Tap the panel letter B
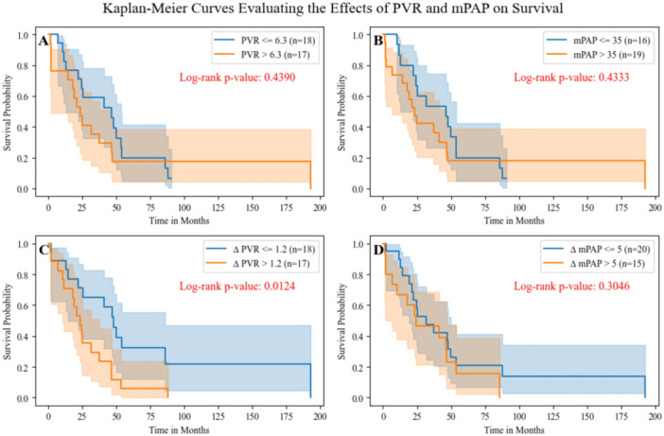[379, 44]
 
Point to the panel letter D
[379, 253]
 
